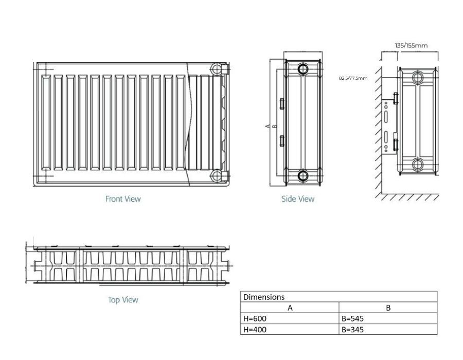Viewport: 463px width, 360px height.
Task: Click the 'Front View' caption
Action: pos(123,199)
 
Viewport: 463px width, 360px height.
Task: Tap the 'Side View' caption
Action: pos(298,199)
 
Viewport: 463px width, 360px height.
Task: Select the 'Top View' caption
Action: pos(123,300)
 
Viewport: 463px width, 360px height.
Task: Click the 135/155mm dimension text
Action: pos(411,45)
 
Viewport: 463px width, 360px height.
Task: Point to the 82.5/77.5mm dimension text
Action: pos(353,78)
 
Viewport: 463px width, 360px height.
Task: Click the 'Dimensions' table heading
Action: pos(264,297)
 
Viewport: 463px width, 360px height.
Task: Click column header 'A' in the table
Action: pos(290,308)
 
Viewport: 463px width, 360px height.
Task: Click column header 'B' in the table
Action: pos(388,308)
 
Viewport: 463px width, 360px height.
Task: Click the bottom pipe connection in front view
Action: pos(217,176)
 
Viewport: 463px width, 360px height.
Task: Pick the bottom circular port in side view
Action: pos(303,176)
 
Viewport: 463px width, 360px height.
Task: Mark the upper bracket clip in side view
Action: pos(281,103)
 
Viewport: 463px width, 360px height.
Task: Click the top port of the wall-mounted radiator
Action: pos(418,78)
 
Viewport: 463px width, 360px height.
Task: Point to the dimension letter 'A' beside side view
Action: pos(268,125)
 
